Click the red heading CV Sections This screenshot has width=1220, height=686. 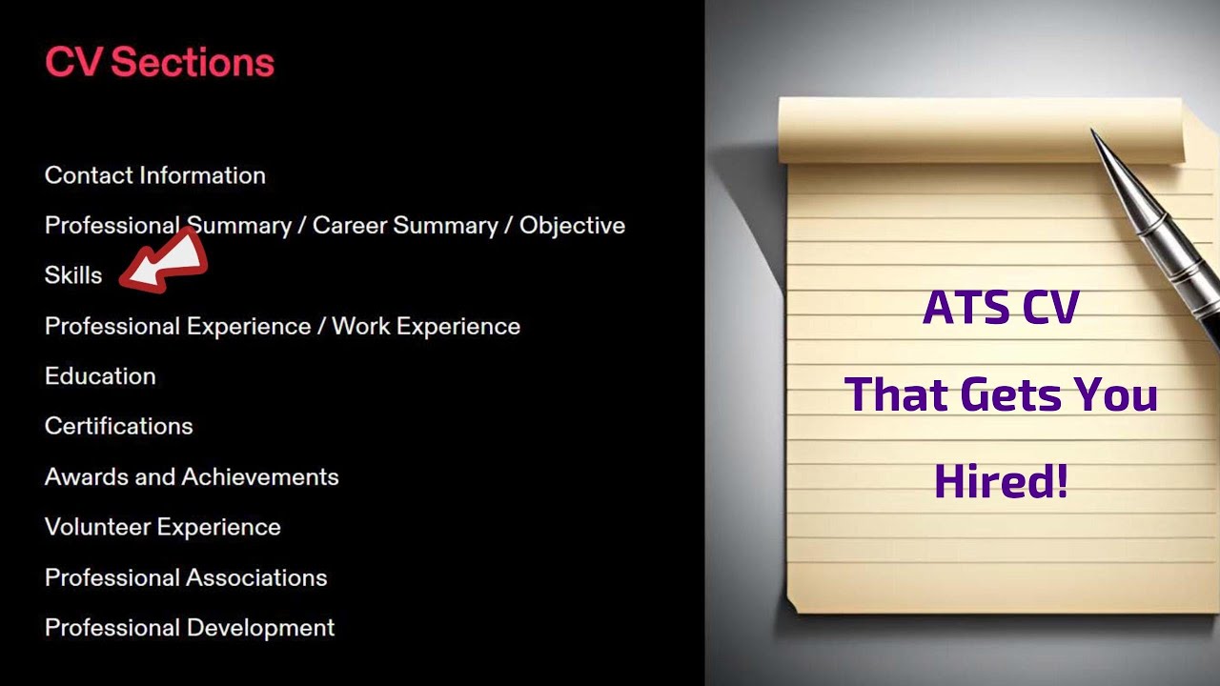(x=159, y=63)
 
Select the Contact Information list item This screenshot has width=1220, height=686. (x=155, y=175)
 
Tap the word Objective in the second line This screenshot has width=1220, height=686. (x=572, y=226)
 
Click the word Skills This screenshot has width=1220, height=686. (x=73, y=275)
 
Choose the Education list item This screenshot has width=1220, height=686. (x=100, y=376)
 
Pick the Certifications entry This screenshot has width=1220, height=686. (x=119, y=426)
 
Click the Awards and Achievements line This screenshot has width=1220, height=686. (x=192, y=476)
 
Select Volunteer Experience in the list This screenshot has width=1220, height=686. (x=163, y=527)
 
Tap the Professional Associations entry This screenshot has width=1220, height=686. (x=186, y=577)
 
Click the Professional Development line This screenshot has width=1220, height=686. (x=190, y=628)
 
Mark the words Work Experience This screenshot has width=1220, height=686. (x=426, y=326)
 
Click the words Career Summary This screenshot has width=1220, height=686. (x=405, y=226)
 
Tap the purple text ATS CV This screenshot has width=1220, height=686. (x=1001, y=309)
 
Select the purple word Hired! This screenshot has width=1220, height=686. (x=1001, y=481)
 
